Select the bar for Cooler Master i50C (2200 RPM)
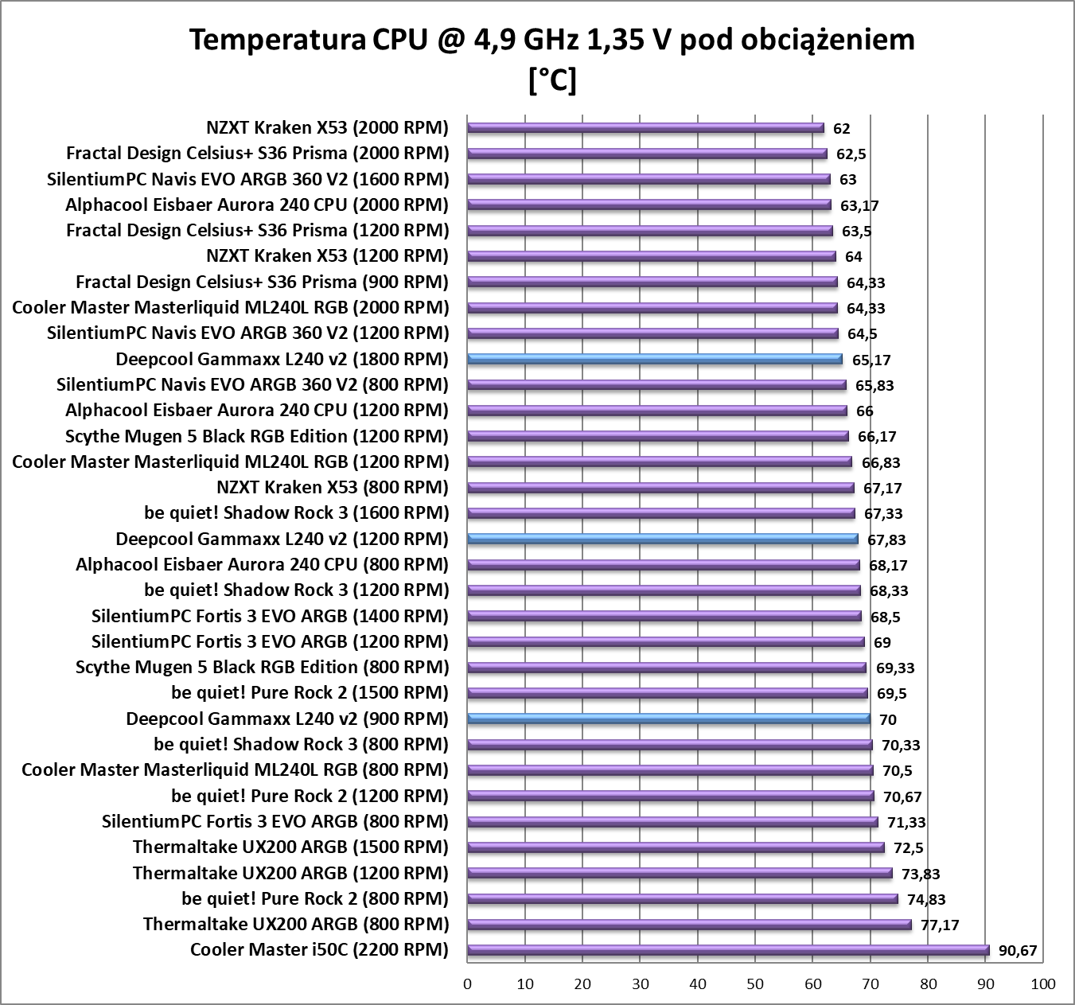pyautogui.click(x=728, y=949)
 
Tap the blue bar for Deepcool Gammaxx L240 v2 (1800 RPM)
pyautogui.click(x=654, y=359)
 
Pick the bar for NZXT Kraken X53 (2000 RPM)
pyautogui.click(x=645, y=127)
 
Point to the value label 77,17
pyautogui.click(x=941, y=925)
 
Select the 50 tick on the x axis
pyautogui.click(x=755, y=984)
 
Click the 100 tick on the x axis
pyautogui.click(x=1042, y=984)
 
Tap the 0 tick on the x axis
pyautogui.click(x=468, y=984)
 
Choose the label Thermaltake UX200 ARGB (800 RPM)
pyautogui.click(x=296, y=924)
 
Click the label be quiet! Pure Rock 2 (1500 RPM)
pyautogui.click(x=310, y=692)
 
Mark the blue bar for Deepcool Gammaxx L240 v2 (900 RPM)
pyautogui.click(x=668, y=719)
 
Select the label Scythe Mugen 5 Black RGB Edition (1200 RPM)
pyautogui.click(x=257, y=436)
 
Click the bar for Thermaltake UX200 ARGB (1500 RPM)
pyautogui.click(x=676, y=847)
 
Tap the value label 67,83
pyautogui.click(x=886, y=540)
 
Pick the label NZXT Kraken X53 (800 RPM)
pyautogui.click(x=332, y=487)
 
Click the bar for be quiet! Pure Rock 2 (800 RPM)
pyautogui.click(x=683, y=898)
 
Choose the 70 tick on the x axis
pyautogui.click(x=870, y=984)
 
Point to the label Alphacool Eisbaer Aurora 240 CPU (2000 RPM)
pyautogui.click(x=257, y=205)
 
